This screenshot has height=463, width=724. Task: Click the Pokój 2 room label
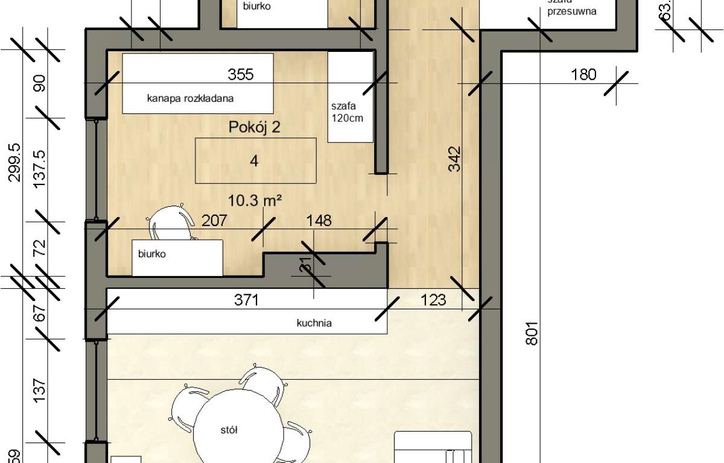tap(255, 127)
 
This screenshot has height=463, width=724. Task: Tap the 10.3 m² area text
tap(256, 201)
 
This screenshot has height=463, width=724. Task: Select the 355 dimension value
tap(240, 75)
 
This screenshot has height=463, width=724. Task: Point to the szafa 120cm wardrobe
tap(350, 96)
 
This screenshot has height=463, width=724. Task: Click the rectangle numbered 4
tap(256, 160)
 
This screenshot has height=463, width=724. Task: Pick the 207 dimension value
tap(214, 221)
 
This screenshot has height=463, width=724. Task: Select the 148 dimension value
tap(319, 221)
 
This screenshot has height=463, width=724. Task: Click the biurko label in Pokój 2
tap(152, 254)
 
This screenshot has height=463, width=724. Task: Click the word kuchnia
tap(314, 323)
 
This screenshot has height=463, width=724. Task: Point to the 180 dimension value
tap(583, 75)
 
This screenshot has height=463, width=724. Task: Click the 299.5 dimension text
tap(15, 162)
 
